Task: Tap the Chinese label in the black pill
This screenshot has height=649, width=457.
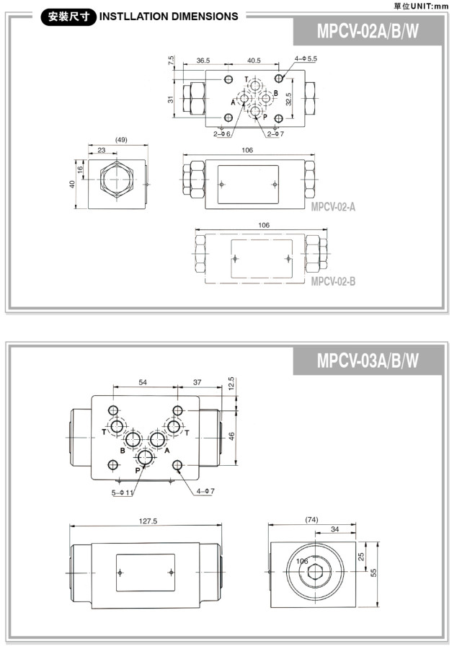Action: [x=68, y=17]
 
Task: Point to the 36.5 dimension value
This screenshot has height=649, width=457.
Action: [x=203, y=61]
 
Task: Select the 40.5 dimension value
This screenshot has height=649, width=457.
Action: [x=254, y=61]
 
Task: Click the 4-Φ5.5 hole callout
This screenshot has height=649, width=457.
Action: [x=306, y=59]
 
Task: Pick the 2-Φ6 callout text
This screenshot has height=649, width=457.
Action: [x=222, y=133]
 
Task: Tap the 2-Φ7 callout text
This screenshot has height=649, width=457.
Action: [x=275, y=133]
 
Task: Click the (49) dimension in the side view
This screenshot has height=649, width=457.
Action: [x=121, y=140]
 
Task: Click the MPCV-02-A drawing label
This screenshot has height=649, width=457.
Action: [x=333, y=206]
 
